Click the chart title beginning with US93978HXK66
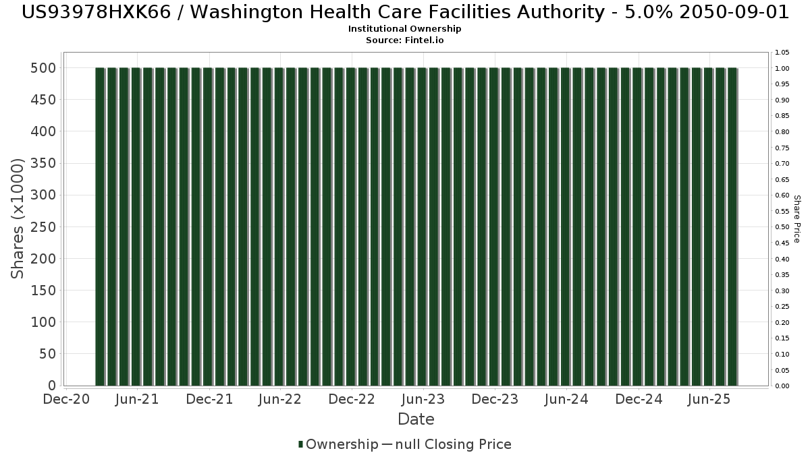click(x=405, y=12)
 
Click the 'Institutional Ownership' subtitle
click(x=405, y=29)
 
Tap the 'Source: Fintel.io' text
click(x=405, y=40)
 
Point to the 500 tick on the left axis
click(x=42, y=68)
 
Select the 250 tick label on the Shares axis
click(x=42, y=227)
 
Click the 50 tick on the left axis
click(x=47, y=355)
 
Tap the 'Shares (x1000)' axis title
click(x=18, y=218)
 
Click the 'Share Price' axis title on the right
click(x=796, y=218)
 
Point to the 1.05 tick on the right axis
click(x=782, y=53)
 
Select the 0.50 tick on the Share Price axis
click(x=782, y=227)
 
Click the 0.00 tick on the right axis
click(x=782, y=386)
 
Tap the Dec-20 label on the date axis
click(x=66, y=400)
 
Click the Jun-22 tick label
click(x=280, y=400)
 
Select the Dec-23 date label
click(x=495, y=400)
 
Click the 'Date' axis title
click(x=416, y=419)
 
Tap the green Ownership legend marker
click(x=300, y=444)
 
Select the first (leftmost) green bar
click(x=100, y=226)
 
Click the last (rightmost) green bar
click(x=732, y=226)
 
